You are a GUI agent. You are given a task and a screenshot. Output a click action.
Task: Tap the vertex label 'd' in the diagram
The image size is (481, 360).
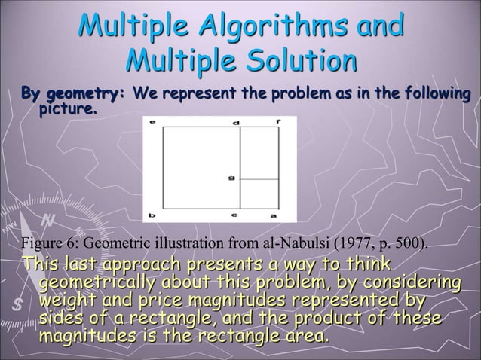pos(237,122)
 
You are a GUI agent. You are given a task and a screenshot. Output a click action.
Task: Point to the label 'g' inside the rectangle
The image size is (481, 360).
pos(231,178)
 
